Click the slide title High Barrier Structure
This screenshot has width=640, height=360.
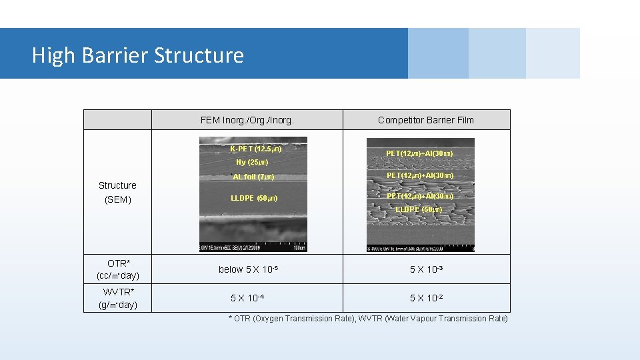tap(137, 55)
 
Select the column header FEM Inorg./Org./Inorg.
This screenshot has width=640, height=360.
tap(247, 120)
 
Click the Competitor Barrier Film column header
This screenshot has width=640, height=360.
tap(426, 120)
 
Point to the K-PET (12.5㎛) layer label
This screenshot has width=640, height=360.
tap(255, 149)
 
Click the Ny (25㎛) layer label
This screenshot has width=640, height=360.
tap(252, 162)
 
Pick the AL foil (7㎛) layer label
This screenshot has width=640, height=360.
tap(253, 177)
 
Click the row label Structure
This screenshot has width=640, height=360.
tap(117, 185)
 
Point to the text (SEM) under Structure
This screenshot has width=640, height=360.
tap(117, 199)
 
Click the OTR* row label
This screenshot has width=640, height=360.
tap(118, 263)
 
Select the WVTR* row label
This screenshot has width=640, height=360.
tap(118, 292)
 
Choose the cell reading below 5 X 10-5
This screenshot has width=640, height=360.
tap(247, 269)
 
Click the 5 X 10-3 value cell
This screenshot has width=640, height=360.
tap(426, 269)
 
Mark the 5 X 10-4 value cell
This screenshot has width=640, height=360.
tap(247, 298)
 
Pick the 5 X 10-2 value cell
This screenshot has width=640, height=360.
tap(426, 298)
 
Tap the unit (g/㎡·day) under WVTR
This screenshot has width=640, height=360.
tap(118, 305)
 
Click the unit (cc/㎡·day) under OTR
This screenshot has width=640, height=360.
tap(118, 275)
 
